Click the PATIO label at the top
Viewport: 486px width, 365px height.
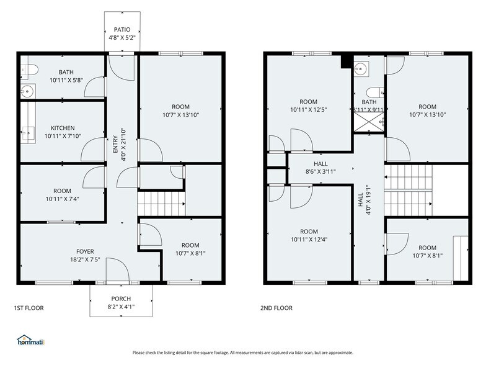click(121, 29)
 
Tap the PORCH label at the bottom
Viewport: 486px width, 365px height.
click(121, 299)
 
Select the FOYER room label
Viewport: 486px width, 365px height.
click(85, 251)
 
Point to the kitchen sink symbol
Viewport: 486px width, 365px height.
click(28, 132)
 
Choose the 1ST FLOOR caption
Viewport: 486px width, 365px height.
click(29, 308)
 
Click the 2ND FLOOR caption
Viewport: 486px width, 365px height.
click(276, 308)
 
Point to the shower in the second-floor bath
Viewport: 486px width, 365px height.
click(368, 122)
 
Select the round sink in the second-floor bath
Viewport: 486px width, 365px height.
click(364, 68)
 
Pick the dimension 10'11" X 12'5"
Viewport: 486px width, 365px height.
click(308, 110)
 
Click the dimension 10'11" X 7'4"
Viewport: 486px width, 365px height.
click(62, 199)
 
